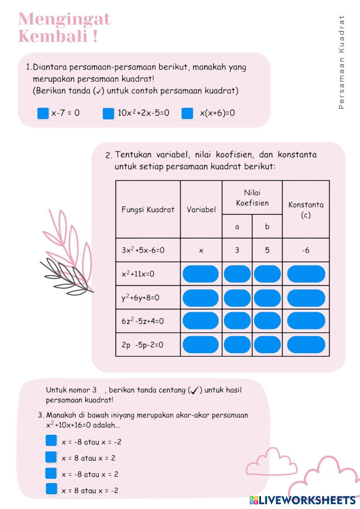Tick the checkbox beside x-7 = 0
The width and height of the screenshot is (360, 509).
(43, 113)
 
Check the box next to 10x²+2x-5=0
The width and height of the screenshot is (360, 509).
(108, 113)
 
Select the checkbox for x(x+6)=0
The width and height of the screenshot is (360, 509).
(187, 113)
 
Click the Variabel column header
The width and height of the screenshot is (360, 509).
(201, 210)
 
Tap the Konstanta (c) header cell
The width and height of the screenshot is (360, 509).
(306, 210)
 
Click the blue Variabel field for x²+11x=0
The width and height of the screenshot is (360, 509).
(201, 274)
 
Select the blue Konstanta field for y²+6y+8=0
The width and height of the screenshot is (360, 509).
(306, 298)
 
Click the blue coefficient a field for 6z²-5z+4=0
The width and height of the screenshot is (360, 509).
(237, 321)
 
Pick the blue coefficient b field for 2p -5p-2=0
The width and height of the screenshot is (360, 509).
(267, 345)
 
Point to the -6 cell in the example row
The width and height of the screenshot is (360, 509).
(306, 250)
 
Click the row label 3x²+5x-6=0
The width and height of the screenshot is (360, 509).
(143, 250)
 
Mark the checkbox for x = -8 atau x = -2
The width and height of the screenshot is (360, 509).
(51, 441)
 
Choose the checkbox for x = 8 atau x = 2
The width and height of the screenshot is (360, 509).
(51, 457)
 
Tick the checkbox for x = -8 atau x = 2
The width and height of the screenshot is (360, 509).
(51, 473)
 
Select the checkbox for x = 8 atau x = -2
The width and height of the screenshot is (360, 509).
(51, 489)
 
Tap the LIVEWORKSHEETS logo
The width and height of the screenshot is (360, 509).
(302, 500)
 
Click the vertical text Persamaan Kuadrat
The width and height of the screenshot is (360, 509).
(342, 62)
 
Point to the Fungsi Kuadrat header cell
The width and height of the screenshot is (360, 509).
(148, 210)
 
